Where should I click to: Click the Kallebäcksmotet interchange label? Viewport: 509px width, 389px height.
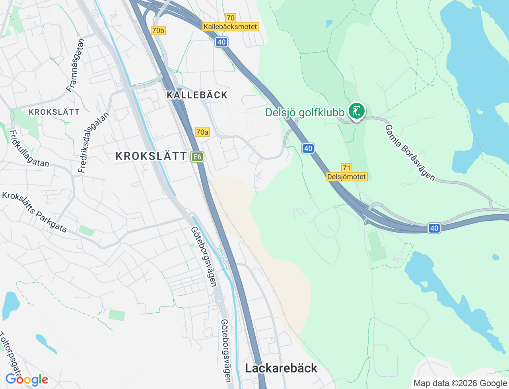tap(230, 27)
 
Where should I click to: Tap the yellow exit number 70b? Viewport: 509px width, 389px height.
tap(158, 31)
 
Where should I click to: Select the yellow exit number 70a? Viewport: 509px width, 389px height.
tap(202, 132)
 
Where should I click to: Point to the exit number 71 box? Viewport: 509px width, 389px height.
tap(346, 168)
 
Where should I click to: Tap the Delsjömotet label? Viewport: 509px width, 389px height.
tap(346, 177)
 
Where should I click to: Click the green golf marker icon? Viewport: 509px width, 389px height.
tap(357, 111)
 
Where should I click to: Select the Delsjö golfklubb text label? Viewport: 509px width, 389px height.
tap(305, 113)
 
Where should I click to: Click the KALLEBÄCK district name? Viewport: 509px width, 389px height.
tap(197, 95)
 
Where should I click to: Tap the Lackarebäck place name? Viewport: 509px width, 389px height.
tap(281, 368)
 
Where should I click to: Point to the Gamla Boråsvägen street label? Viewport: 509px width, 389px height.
tap(410, 153)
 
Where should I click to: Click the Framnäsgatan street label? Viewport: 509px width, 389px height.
tap(76, 65)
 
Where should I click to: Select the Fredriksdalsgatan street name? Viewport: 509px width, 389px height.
tap(93, 143)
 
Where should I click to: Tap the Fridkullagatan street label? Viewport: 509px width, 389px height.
tap(29, 149)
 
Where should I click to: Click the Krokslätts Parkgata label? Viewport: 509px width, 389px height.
tap(34, 212)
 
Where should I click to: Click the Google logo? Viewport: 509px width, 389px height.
tap(27, 379)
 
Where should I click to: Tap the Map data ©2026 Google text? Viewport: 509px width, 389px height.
tap(460, 383)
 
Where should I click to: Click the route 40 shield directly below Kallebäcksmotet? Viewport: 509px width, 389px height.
tap(221, 42)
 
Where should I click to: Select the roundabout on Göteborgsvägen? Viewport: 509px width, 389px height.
tap(220, 301)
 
